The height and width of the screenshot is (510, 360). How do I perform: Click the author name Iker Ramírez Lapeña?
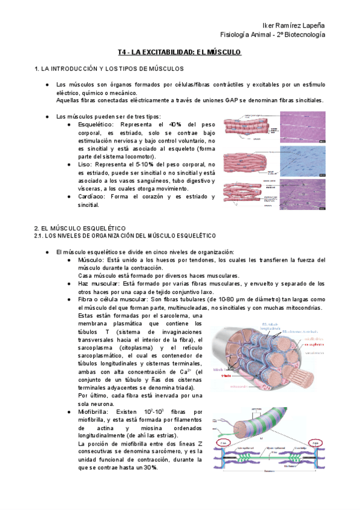(x=290, y=25)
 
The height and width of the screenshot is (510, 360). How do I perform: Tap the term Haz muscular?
(x=96, y=283)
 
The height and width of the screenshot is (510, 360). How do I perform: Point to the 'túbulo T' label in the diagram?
(x=219, y=369)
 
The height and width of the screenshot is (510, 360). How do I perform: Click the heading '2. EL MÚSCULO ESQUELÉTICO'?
(x=79, y=228)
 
